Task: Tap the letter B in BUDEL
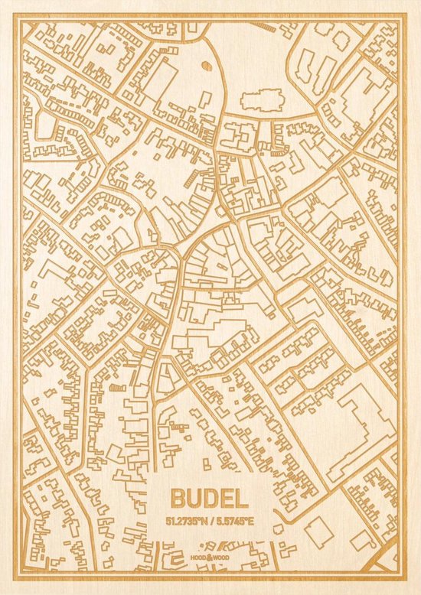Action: click(x=180, y=499)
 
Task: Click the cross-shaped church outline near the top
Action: click(x=263, y=99)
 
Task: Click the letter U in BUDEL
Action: click(x=194, y=499)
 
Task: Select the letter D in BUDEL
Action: click(x=210, y=499)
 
